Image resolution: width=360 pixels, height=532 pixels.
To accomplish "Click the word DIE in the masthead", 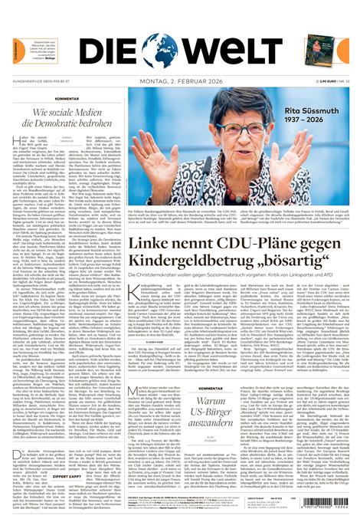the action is click(x=111, y=51).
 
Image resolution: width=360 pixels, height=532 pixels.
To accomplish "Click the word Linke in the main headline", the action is click(x=152, y=244).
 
